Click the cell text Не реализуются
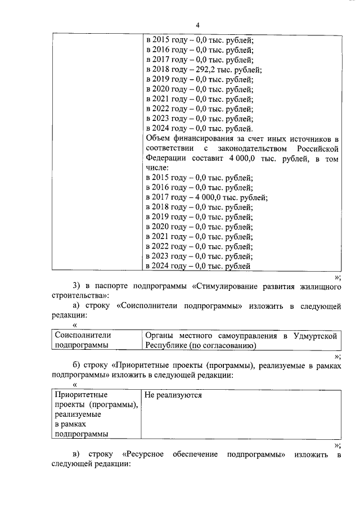(x=173, y=395)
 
